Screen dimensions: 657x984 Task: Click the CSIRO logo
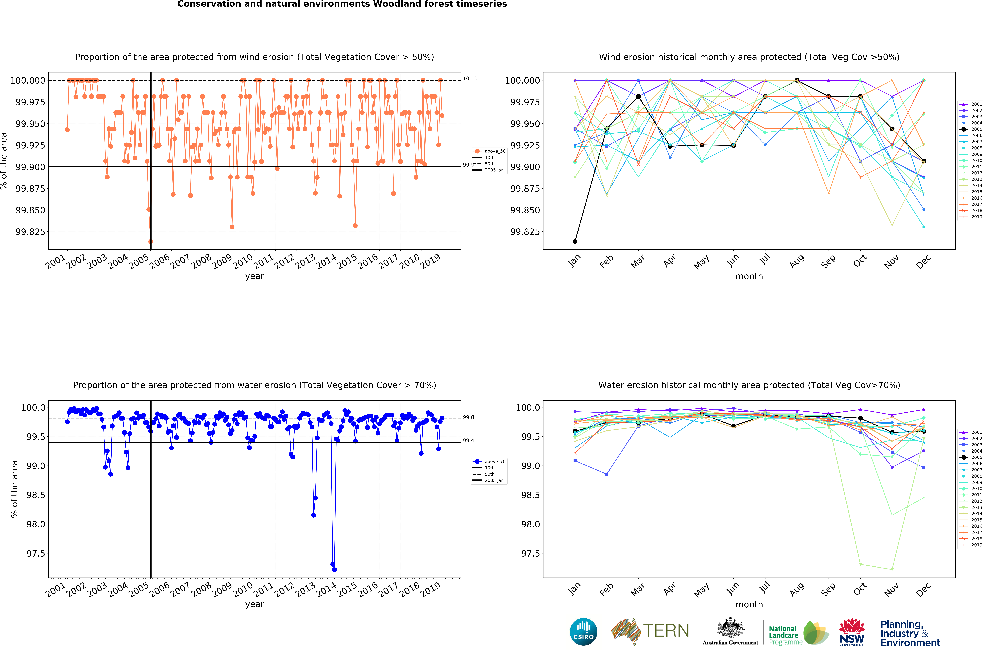(x=583, y=631)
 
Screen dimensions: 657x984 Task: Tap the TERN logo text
(x=666, y=631)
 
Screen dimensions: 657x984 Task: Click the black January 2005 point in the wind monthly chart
(x=575, y=241)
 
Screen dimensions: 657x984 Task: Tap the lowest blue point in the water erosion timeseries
(x=334, y=569)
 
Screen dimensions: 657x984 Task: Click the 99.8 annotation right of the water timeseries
(x=468, y=417)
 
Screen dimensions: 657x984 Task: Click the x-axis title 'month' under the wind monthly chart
(x=749, y=277)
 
